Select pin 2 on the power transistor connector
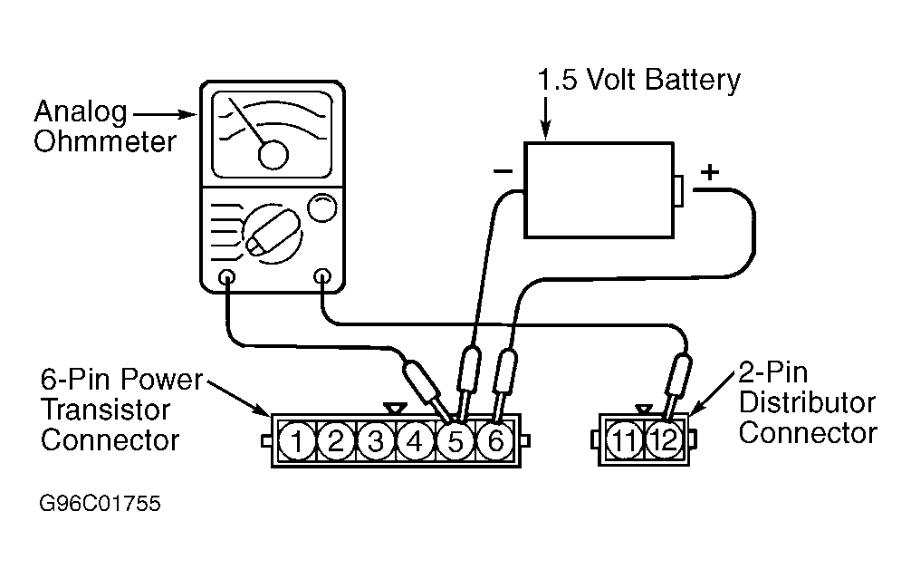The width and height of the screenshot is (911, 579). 335,442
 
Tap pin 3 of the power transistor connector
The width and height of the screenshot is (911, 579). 375,442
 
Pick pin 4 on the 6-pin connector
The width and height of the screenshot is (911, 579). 415,442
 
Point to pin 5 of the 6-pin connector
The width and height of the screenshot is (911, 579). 455,442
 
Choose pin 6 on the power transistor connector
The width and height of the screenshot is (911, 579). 494,442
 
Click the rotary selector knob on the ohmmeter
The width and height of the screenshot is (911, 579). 268,232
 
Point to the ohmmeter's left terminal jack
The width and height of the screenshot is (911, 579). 226,277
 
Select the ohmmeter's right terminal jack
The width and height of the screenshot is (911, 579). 321,277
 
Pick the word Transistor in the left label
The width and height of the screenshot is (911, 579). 104,409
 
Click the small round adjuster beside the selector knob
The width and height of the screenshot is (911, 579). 321,208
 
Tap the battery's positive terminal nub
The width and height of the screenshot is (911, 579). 678,189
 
